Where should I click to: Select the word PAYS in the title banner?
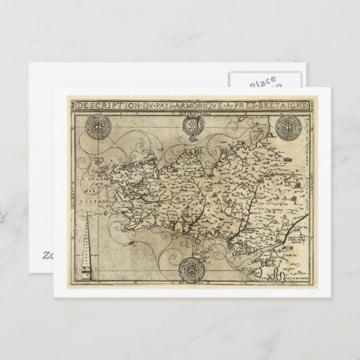(x=158, y=105)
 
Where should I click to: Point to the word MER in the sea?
(x=88, y=192)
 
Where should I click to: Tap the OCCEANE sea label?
(x=94, y=204)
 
